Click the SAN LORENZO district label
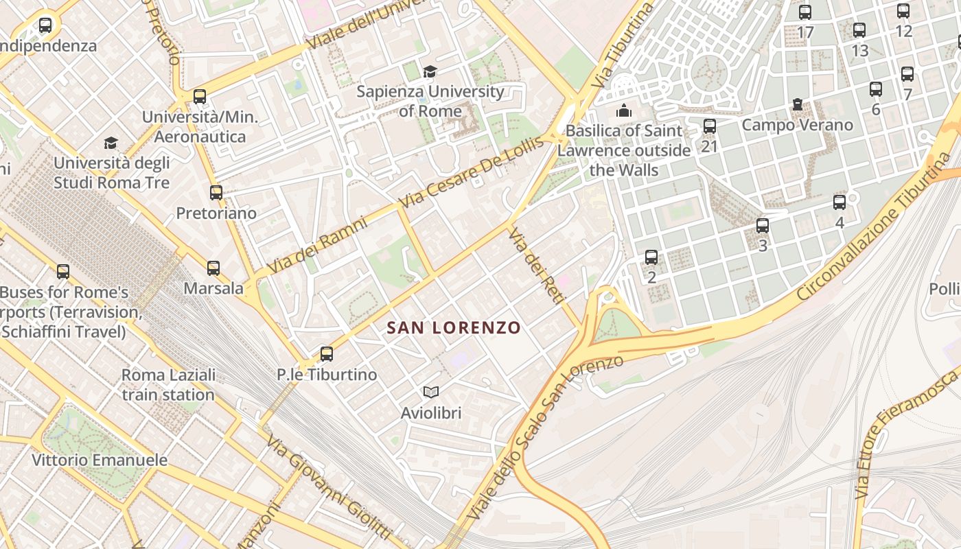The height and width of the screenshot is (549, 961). pyautogui.click(x=454, y=328)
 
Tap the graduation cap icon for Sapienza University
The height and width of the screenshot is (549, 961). pyautogui.click(x=430, y=72)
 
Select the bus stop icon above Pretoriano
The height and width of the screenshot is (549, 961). pyautogui.click(x=216, y=193)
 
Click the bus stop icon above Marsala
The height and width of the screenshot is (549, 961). pyautogui.click(x=213, y=268)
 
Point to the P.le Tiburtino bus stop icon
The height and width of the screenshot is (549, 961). pyautogui.click(x=327, y=354)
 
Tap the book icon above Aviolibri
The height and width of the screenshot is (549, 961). pyautogui.click(x=431, y=393)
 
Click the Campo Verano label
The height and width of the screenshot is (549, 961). pyautogui.click(x=797, y=125)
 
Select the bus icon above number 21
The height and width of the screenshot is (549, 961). pyautogui.click(x=710, y=126)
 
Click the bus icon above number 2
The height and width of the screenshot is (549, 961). pyautogui.click(x=651, y=258)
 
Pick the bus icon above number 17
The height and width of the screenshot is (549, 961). pyautogui.click(x=805, y=12)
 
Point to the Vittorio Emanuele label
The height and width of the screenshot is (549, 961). pyautogui.click(x=100, y=460)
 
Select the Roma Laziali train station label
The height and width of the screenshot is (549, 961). pyautogui.click(x=168, y=385)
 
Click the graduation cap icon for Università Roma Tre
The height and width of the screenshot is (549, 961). pyautogui.click(x=111, y=143)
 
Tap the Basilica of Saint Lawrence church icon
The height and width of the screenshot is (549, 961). pyautogui.click(x=623, y=110)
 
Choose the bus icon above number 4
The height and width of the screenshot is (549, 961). pyautogui.click(x=840, y=202)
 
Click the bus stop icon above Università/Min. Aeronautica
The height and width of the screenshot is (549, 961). pyautogui.click(x=200, y=97)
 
